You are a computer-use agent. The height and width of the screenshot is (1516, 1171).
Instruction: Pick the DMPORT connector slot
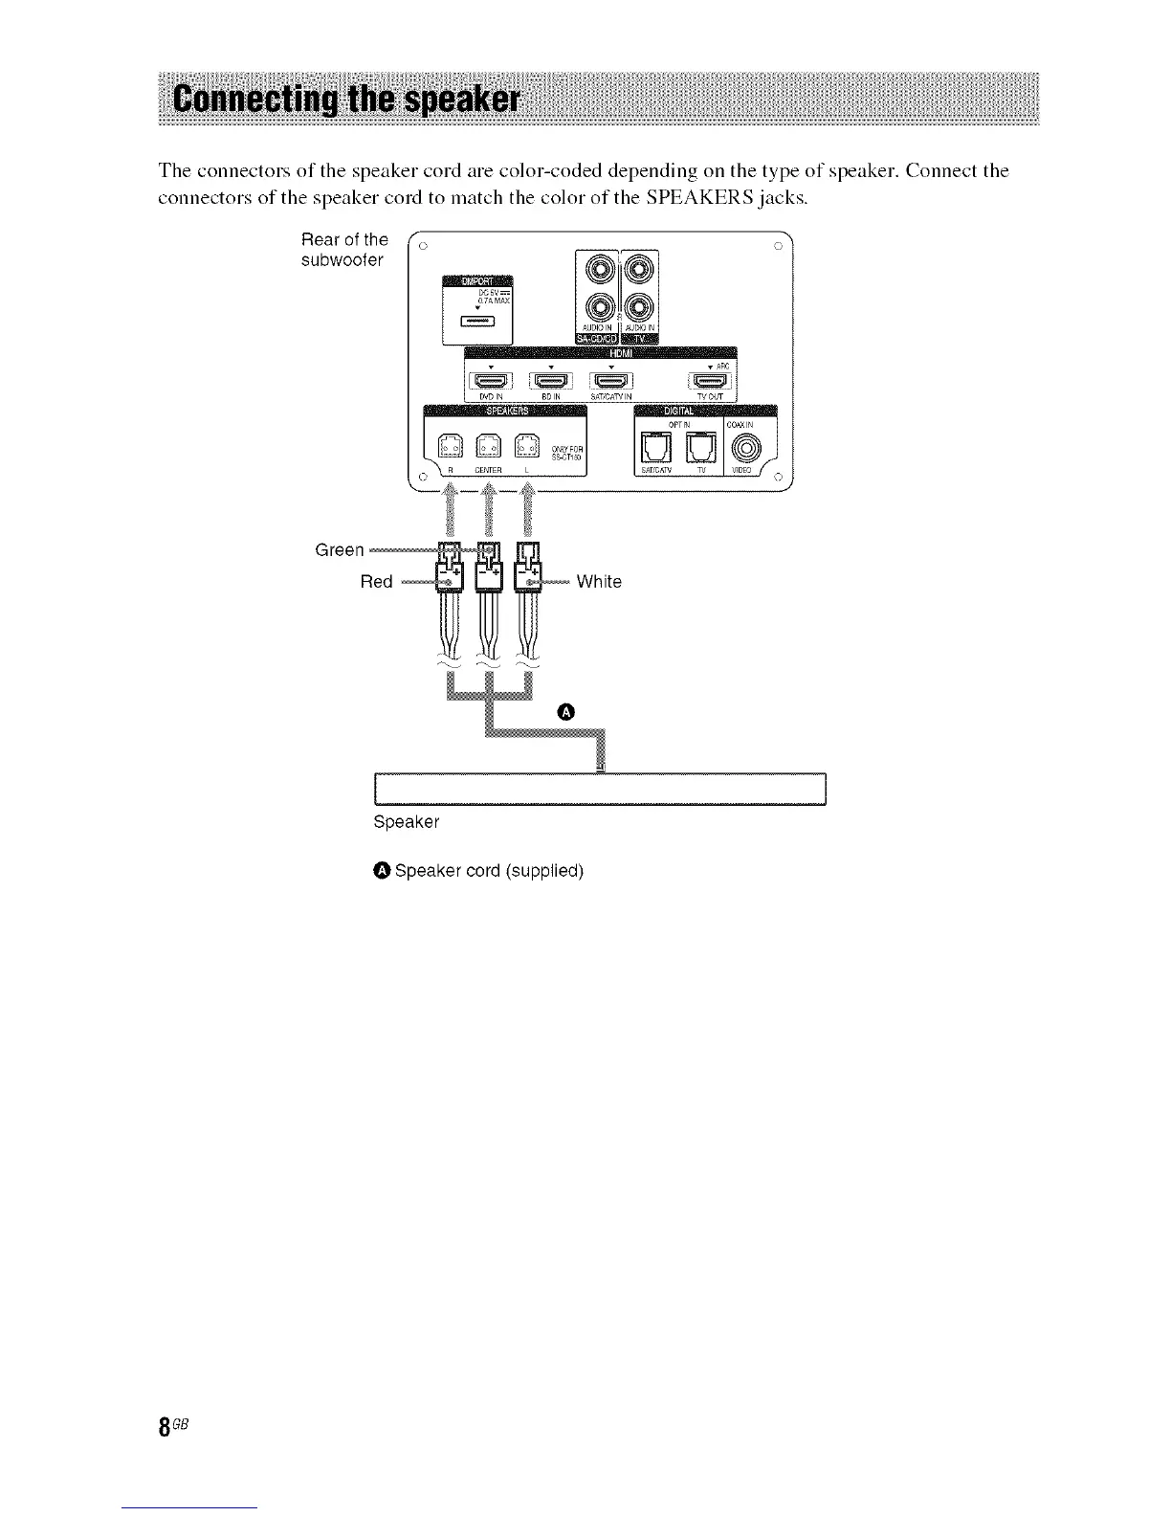point(477,321)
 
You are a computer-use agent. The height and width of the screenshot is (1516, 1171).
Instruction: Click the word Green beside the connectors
point(340,550)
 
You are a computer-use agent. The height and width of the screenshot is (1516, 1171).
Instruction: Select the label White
point(599,582)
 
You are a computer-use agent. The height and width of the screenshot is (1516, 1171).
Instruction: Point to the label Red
point(376,582)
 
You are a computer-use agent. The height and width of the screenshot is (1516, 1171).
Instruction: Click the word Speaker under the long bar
point(407,822)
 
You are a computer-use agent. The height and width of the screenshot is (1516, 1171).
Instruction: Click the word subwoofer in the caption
point(342,260)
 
